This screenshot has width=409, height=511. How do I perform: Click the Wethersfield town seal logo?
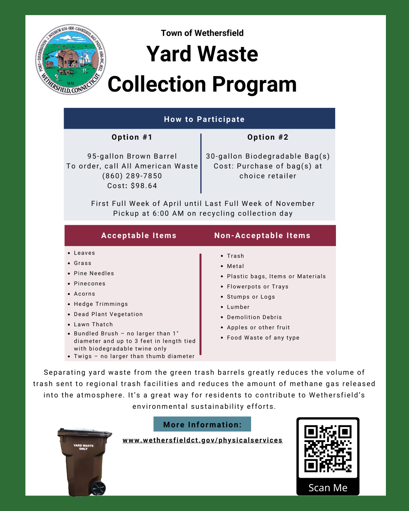pyautogui.click(x=71, y=59)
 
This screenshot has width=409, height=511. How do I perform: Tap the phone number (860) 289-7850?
pyautogui.click(x=132, y=176)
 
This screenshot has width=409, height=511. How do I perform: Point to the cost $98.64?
pyautogui.click(x=132, y=186)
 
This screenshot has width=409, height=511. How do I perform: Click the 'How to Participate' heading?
pyautogui.click(x=204, y=119)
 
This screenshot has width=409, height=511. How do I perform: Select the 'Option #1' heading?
pyautogui.click(x=132, y=137)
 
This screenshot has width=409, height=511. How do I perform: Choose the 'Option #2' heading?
pyautogui.click(x=268, y=137)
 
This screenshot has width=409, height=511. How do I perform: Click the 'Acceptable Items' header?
pyautogui.click(x=139, y=235)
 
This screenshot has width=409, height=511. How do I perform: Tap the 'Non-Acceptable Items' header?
pyautogui.click(x=262, y=235)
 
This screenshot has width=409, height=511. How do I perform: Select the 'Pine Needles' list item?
pyautogui.click(x=94, y=273)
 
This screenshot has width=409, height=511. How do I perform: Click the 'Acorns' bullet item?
pyautogui.click(x=84, y=294)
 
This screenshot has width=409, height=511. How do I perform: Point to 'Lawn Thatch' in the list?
pyautogui.click(x=93, y=324)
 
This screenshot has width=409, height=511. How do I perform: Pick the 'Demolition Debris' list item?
pyautogui.click(x=254, y=317)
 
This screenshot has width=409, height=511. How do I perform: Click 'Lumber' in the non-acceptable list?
pyautogui.click(x=238, y=307)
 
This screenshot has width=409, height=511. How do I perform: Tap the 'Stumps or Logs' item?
pyautogui.click(x=251, y=297)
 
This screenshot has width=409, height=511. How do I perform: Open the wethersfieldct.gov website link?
pyautogui.click(x=203, y=440)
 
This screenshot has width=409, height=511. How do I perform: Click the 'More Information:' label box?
pyautogui.click(x=202, y=424)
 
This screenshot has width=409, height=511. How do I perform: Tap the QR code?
pyautogui.click(x=328, y=449)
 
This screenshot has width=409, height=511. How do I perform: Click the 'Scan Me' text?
pyautogui.click(x=328, y=488)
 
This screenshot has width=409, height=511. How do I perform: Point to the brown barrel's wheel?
pyautogui.click(x=98, y=488)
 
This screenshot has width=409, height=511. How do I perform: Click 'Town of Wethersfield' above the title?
pyautogui.click(x=202, y=33)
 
